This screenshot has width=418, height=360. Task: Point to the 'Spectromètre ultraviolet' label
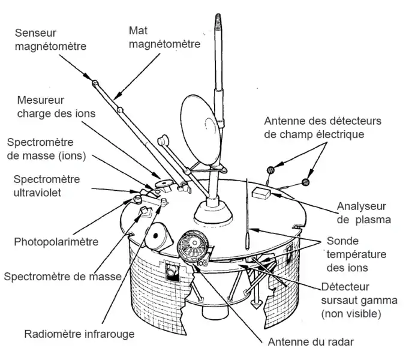tap(46, 185)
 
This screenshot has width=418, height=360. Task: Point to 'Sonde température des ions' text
tap(357, 254)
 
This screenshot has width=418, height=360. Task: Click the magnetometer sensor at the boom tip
tap(95, 82)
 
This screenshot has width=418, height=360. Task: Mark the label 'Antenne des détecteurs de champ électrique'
tap(322, 127)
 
